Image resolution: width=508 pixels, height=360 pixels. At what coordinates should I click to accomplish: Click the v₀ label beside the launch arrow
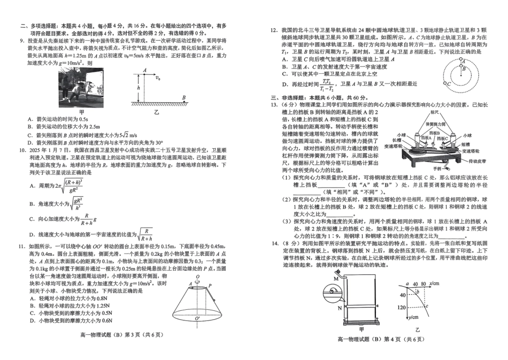[158, 78]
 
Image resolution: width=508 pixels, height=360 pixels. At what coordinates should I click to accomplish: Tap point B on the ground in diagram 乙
[184, 97]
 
